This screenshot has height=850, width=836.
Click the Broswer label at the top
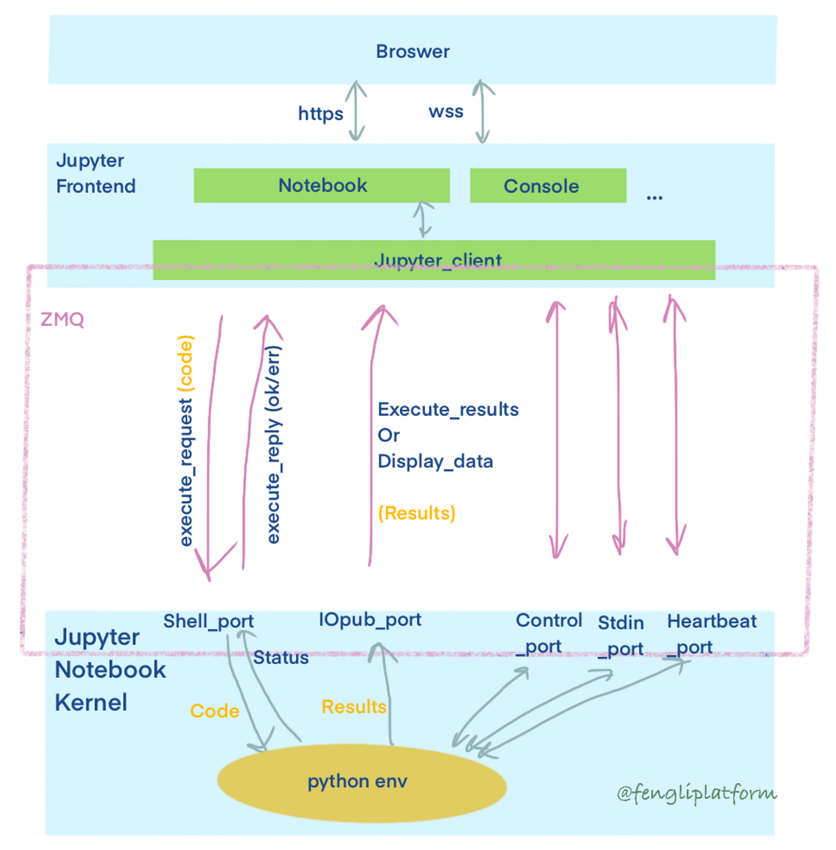tap(412, 52)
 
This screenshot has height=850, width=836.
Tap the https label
tap(320, 114)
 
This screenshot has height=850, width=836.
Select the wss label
tap(446, 111)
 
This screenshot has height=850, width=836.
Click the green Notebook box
tap(322, 185)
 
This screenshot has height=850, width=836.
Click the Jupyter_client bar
tap(434, 260)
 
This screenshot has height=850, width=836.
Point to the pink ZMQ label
tap(62, 320)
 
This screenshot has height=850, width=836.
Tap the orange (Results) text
tap(417, 513)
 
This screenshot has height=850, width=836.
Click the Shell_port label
tap(208, 621)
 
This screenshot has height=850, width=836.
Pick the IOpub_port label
tap(370, 619)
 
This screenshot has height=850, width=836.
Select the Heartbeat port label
tap(711, 633)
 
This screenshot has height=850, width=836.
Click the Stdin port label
tap(620, 635)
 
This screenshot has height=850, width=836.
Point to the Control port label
tap(548, 633)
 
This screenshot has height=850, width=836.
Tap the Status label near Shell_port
tap(281, 658)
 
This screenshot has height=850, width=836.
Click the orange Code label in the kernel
tap(215, 711)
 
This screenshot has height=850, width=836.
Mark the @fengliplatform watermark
tap(696, 793)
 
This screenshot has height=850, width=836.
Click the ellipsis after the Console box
tap(654, 198)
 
